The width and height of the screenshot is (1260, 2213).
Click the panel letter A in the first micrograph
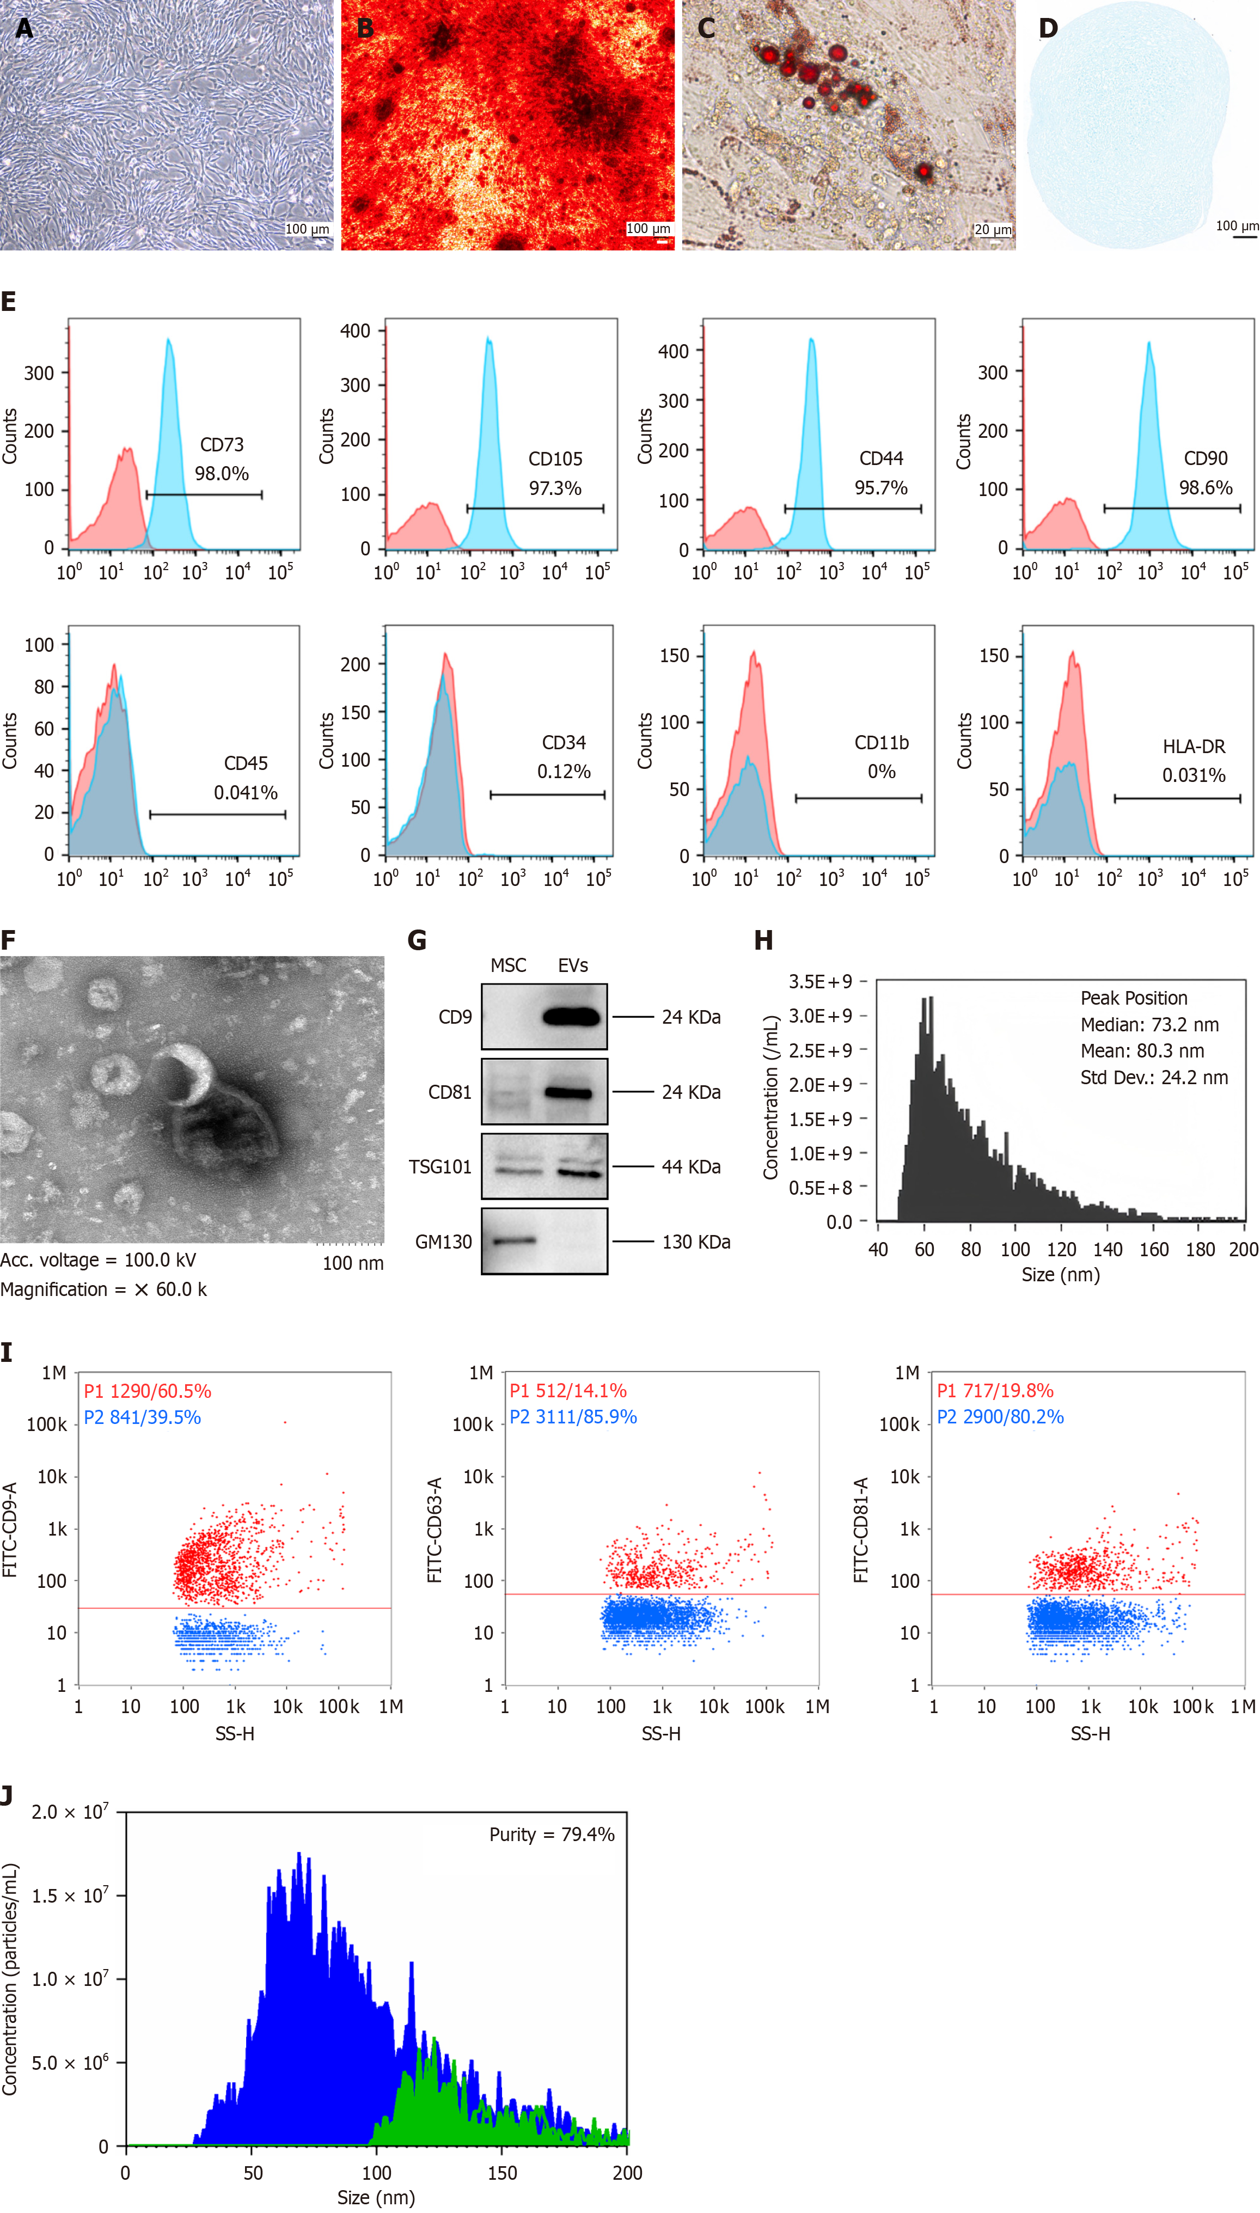click(24, 28)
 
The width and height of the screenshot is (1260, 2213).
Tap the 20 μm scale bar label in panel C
click(993, 229)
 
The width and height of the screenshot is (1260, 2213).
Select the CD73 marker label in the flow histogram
click(222, 445)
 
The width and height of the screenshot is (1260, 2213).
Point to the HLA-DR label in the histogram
click(1194, 745)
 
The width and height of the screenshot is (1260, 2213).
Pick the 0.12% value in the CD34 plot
click(564, 772)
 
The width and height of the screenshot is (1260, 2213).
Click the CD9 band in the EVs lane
click(571, 1017)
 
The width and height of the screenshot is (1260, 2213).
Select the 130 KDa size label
click(696, 1242)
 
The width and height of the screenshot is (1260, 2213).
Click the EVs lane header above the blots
click(573, 965)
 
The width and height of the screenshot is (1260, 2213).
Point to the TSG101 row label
click(439, 1167)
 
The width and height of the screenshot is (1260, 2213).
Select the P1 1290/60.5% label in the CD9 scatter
click(147, 1391)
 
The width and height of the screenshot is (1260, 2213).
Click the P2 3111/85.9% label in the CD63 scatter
click(573, 1417)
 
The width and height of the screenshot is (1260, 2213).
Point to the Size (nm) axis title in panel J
click(376, 2197)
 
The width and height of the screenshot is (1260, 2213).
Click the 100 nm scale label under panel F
click(353, 1263)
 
